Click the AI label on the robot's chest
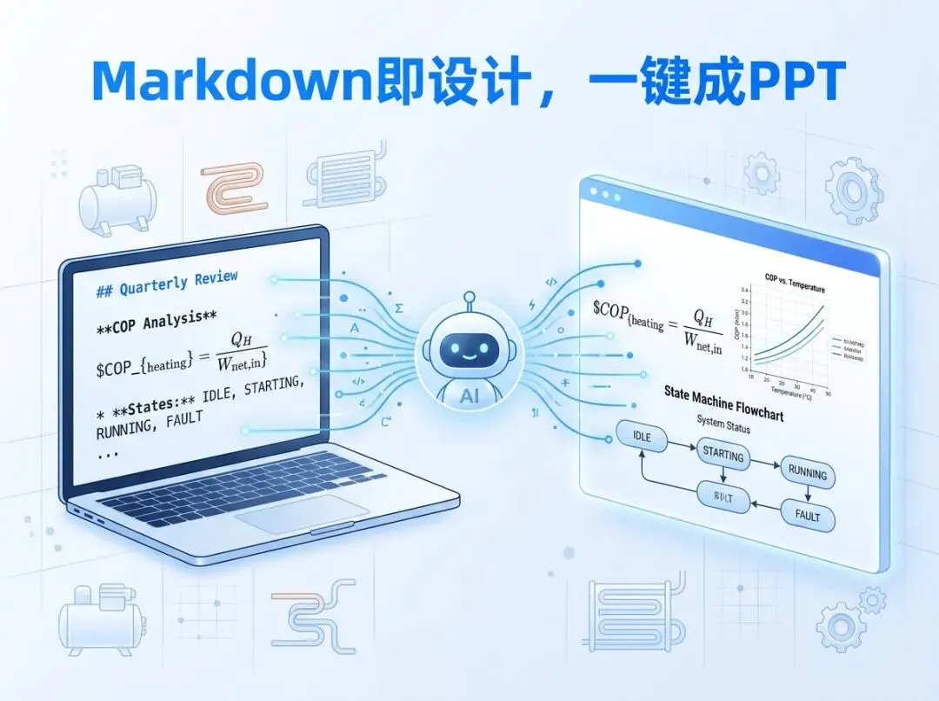pos(469,394)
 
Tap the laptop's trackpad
pos(299,514)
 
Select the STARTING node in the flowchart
pos(722,455)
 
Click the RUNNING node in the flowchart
pos(807,473)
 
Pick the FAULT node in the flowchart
pos(807,515)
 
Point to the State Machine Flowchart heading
pos(723,400)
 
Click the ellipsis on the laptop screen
pos(108,452)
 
